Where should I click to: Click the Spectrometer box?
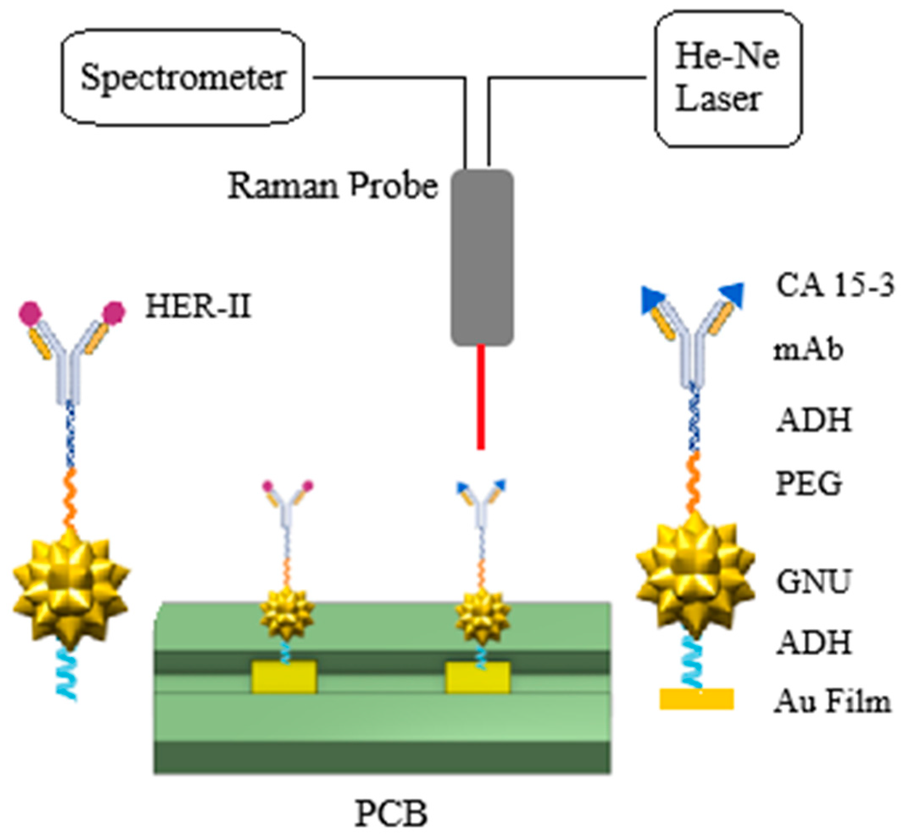[183, 78]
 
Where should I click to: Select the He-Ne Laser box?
[728, 79]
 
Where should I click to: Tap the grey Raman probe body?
[482, 257]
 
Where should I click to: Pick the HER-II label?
[198, 307]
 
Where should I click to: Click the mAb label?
[808, 350]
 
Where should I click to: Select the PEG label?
[809, 484]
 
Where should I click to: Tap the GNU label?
[813, 581]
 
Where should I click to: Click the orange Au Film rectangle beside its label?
[696, 698]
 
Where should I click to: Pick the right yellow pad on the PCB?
[478, 678]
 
